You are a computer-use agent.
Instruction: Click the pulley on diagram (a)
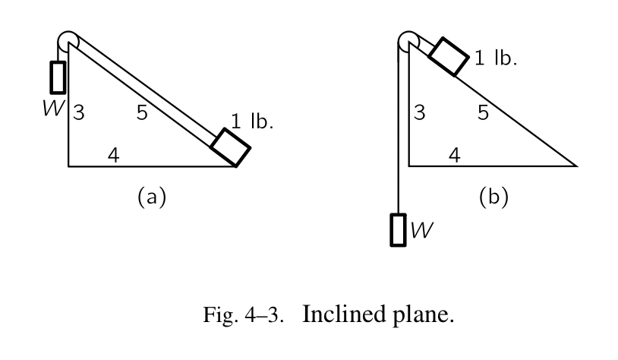[67, 40]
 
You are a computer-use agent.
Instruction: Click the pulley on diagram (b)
[407, 40]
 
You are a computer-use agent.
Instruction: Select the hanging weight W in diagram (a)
[57, 76]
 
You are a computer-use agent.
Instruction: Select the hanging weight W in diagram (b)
[398, 229]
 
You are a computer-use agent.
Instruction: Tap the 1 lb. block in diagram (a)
[230, 147]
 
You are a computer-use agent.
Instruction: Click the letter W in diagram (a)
[54, 107]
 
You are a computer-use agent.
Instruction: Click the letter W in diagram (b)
[421, 229]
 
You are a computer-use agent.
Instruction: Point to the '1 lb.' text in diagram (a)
[251, 121]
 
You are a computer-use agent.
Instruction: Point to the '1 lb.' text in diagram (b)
[496, 58]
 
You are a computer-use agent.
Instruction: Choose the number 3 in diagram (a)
[79, 114]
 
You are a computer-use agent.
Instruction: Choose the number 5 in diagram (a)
[142, 113]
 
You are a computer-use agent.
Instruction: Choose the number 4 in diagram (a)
[113, 156]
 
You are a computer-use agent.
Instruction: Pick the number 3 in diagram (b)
[419, 114]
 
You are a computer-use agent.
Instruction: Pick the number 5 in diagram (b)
[483, 113]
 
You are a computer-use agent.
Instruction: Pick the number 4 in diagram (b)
[454, 156]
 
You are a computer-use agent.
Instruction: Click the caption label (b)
[493, 197]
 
